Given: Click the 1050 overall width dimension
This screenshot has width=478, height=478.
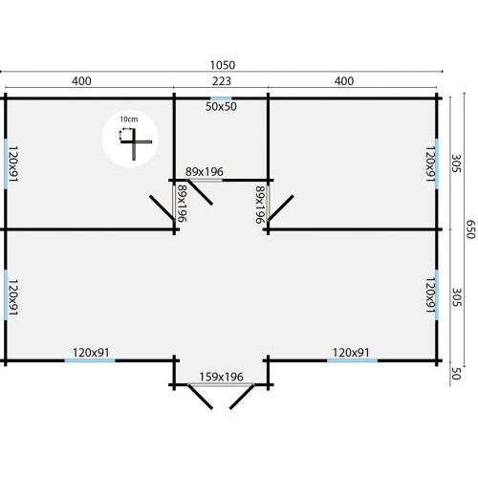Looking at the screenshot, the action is click(223, 65).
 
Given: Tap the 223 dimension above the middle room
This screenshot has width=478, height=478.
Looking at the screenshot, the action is click(222, 81).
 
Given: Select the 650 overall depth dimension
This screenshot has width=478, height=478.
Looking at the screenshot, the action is click(470, 229).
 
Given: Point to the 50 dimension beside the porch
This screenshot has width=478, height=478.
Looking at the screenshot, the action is click(456, 373).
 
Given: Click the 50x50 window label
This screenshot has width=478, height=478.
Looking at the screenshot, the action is click(221, 106).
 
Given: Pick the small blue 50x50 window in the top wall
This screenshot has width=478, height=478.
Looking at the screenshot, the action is click(221, 98).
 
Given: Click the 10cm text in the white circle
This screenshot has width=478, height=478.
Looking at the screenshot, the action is click(129, 119).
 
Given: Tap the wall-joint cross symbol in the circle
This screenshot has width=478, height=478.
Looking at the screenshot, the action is click(136, 144).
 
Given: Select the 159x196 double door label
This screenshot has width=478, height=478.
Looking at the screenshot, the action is click(221, 377).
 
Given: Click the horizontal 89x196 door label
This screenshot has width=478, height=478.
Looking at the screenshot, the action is click(205, 172).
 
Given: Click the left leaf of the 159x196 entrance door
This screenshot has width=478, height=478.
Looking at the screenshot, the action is click(200, 397).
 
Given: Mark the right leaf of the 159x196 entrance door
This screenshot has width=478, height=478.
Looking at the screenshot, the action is click(242, 397).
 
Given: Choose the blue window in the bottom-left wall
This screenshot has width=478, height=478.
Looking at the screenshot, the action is click(90, 360).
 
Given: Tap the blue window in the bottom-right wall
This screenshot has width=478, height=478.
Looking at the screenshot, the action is click(353, 360).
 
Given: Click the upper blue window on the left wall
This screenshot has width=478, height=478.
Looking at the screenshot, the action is click(6, 163).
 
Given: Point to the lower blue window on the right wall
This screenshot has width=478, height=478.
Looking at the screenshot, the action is click(437, 295).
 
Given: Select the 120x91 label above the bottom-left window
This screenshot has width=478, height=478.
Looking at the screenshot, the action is click(91, 353).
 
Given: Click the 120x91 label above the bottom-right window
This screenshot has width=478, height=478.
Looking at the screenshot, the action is click(351, 353).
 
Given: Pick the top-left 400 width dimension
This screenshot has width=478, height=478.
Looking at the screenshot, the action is click(81, 81).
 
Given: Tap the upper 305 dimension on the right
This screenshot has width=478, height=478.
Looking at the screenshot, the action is click(456, 163).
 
